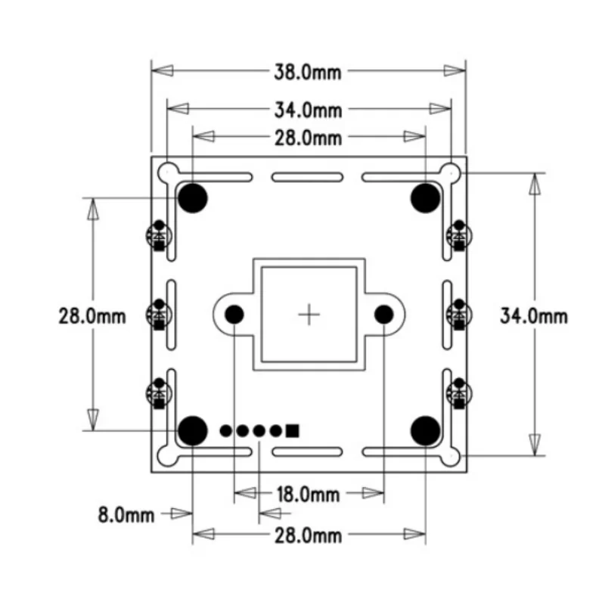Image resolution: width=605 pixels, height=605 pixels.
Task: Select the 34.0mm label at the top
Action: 307,110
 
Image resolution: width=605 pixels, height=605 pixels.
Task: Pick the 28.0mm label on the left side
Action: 92,315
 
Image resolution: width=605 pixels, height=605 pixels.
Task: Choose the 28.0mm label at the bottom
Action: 307,536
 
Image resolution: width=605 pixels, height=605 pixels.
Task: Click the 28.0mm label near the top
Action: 307,138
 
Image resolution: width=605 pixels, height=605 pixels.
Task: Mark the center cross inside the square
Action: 309,313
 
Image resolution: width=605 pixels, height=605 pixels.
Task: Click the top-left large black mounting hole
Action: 193,197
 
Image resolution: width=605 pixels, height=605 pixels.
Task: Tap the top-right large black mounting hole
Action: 425,197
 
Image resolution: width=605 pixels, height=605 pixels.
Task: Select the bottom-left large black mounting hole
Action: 193,430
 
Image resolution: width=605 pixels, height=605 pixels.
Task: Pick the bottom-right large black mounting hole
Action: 425,430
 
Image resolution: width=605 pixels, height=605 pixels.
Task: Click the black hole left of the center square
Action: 234,313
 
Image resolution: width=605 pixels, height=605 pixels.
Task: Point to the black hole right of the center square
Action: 383,313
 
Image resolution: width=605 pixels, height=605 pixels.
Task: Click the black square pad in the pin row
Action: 293,430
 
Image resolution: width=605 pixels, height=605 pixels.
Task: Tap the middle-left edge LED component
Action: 159,315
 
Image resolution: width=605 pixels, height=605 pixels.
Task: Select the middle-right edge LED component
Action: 458,315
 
